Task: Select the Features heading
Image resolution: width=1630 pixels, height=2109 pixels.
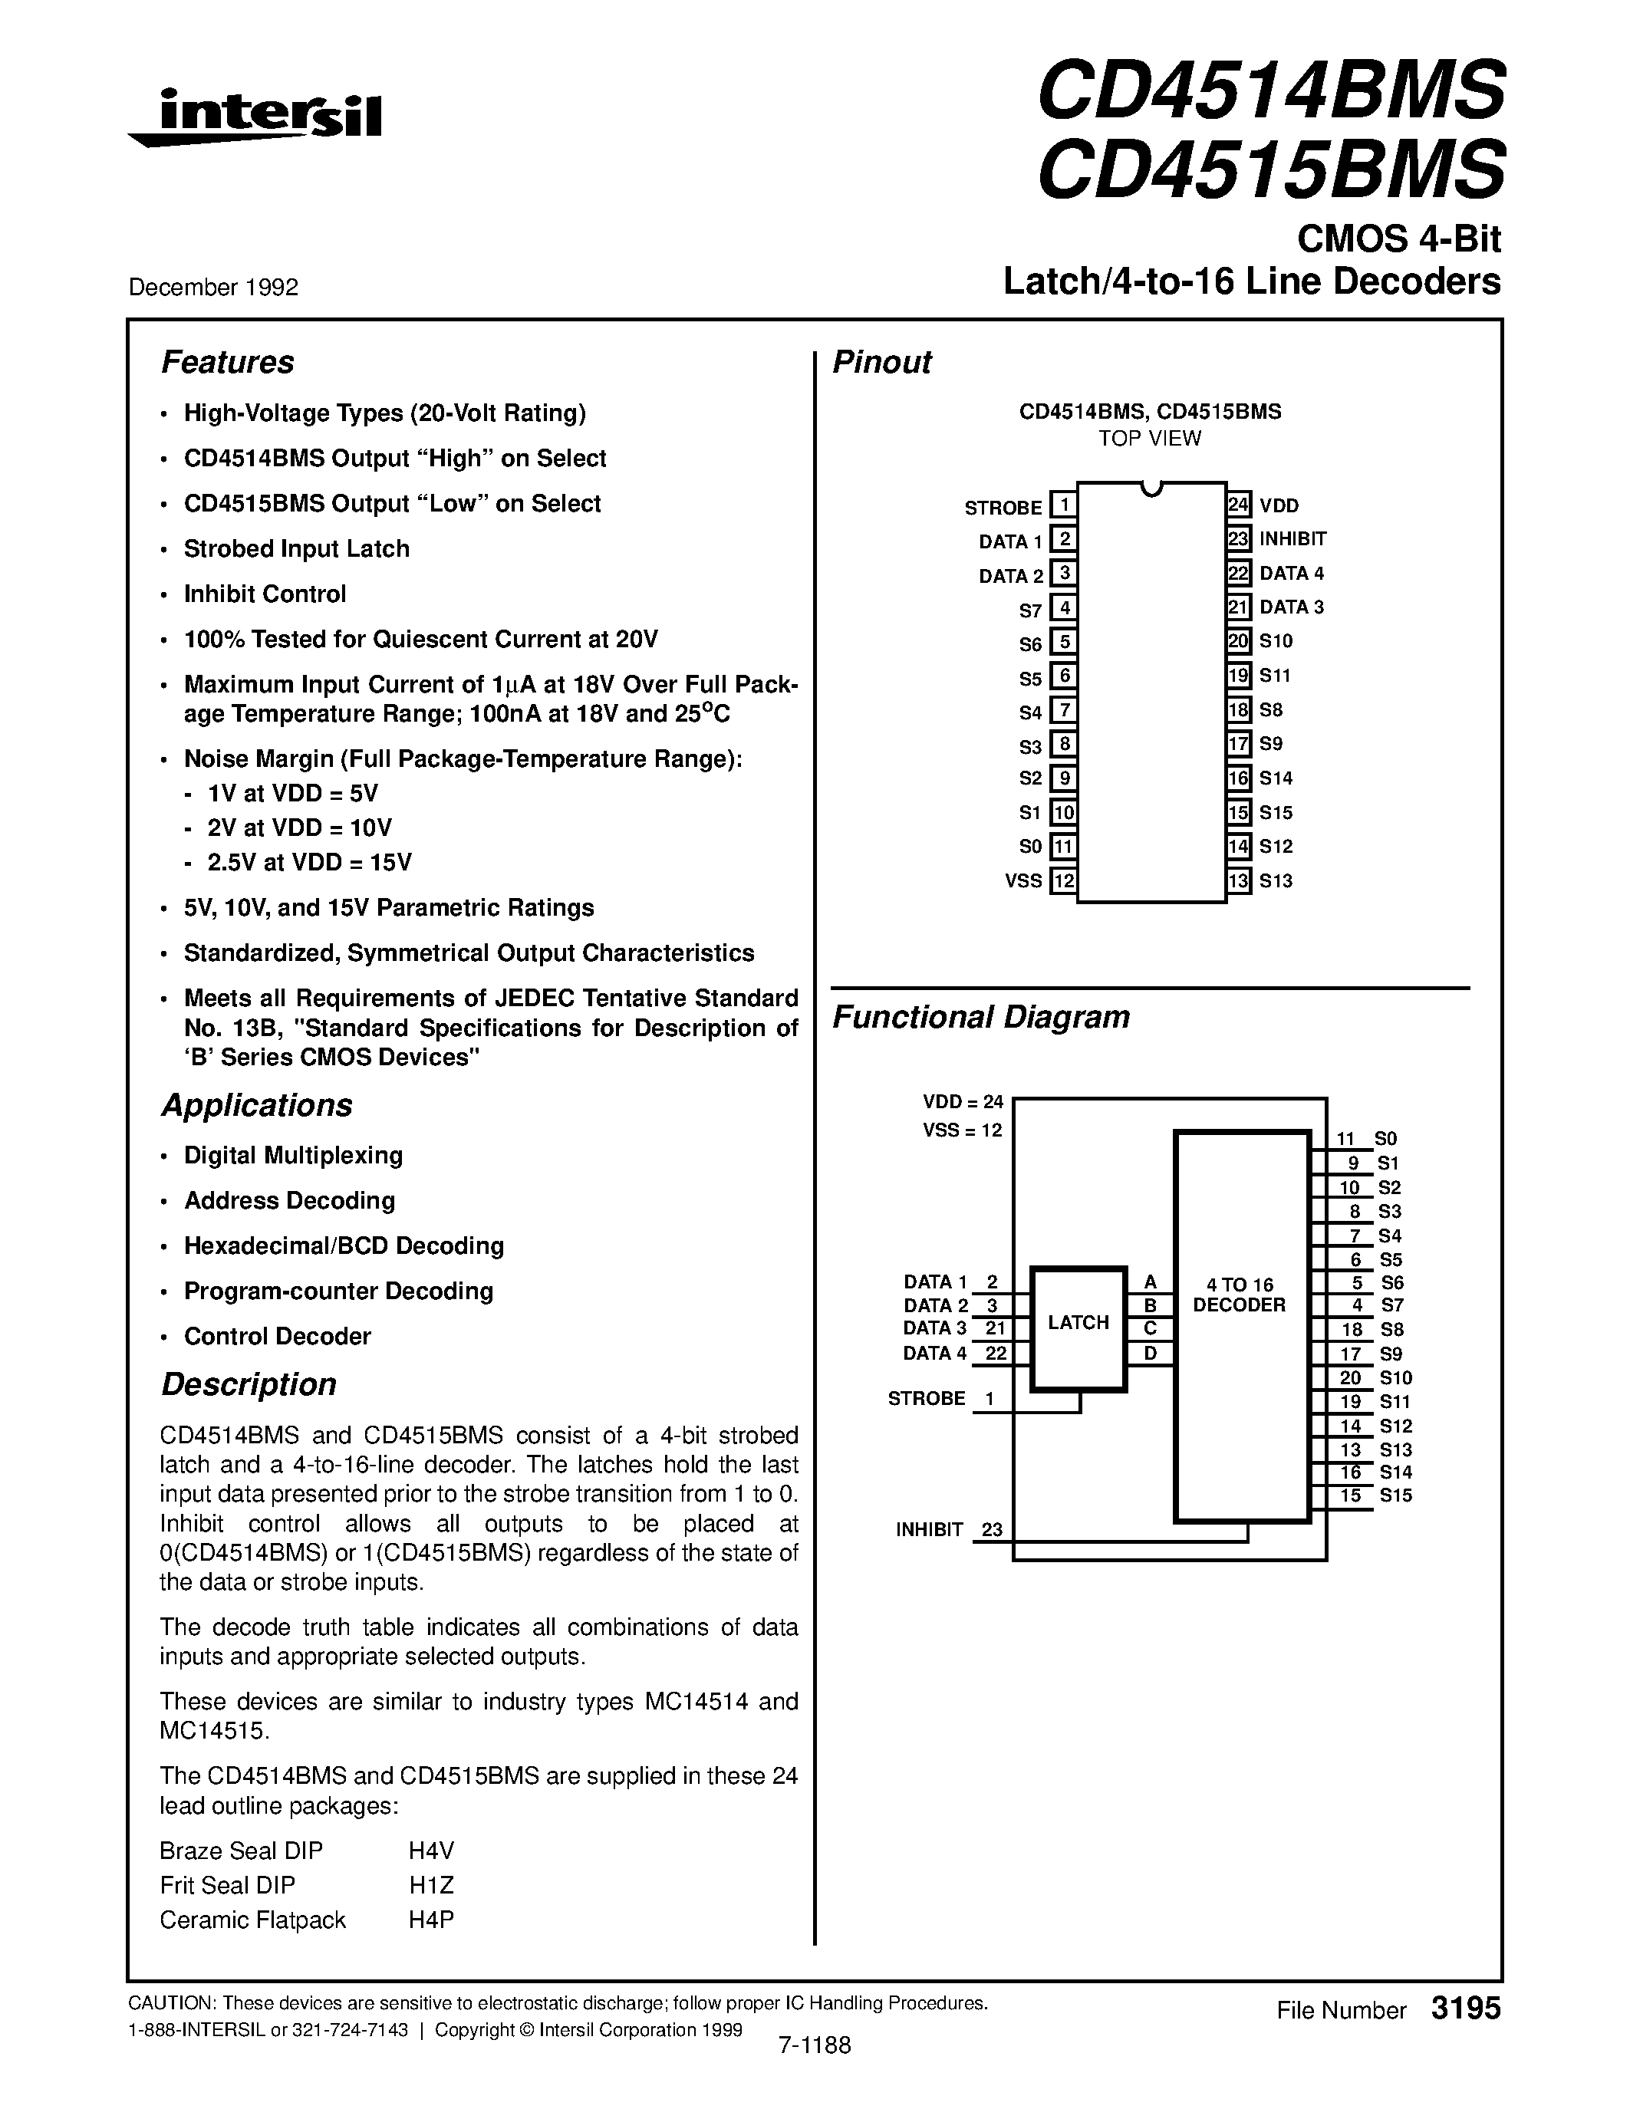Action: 227,362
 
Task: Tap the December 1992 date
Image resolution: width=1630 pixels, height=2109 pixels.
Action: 213,287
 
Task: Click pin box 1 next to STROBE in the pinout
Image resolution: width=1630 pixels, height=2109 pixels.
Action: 1063,505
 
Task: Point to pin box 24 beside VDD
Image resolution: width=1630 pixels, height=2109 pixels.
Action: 1239,504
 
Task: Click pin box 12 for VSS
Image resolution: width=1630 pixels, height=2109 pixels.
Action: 1063,880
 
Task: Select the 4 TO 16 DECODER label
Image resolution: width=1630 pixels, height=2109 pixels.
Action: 1239,1295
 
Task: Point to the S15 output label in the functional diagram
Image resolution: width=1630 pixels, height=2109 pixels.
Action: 1395,1495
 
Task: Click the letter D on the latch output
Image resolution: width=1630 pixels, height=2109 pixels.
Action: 1150,1353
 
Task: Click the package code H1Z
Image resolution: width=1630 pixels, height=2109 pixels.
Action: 430,1885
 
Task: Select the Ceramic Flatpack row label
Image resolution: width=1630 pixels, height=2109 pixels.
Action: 252,1920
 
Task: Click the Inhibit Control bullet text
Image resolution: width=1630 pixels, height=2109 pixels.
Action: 265,594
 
